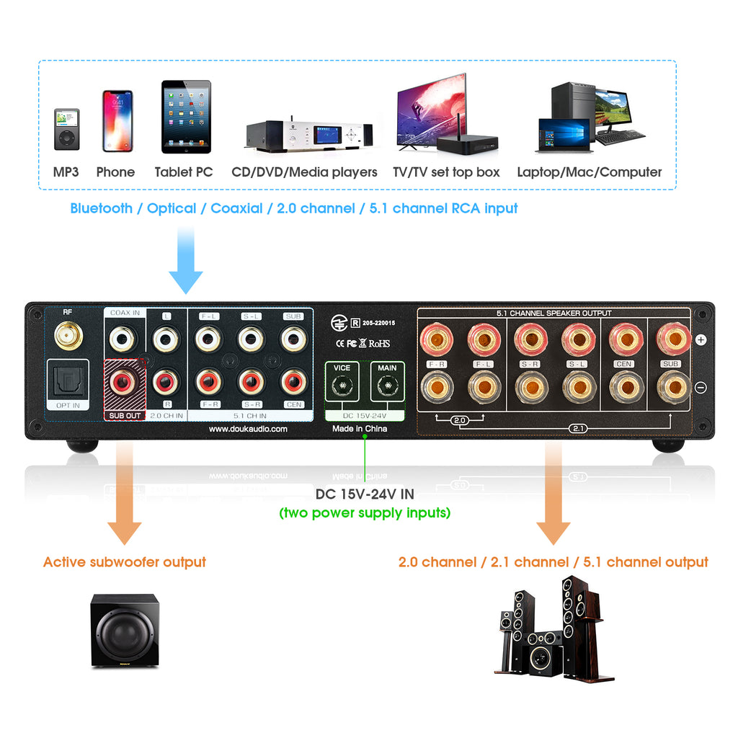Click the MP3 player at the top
coord(66,130)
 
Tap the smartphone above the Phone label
coord(117,121)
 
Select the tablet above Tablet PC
coord(186,117)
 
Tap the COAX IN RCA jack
coord(125,337)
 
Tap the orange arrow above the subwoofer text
coord(124,497)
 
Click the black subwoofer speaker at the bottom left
coord(124,631)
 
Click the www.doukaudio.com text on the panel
coord(248,429)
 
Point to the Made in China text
coord(359,429)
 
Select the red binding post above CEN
coord(624,337)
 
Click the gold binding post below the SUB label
coord(672,387)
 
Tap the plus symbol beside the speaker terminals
coord(701,339)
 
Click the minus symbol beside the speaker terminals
coord(701,388)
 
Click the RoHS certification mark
coord(379,344)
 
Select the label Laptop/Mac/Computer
coord(589,172)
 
